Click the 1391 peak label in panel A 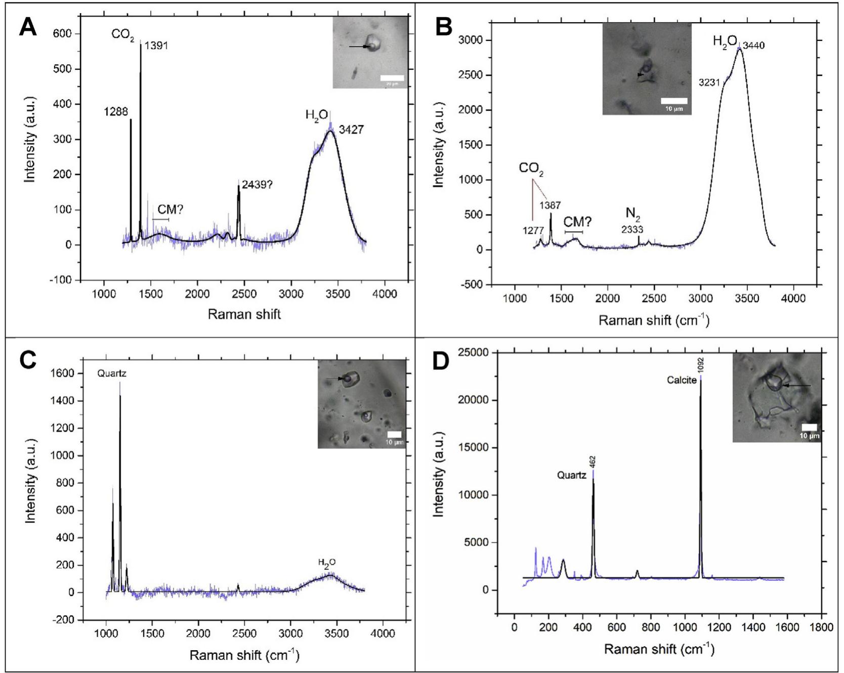pos(156,46)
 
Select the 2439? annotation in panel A pos(257,185)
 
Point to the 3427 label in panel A pos(351,130)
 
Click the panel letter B pos(443,26)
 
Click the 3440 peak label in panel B pos(753,46)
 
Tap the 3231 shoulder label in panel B pos(709,82)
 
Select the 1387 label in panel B pos(550,206)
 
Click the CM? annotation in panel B pos(577,222)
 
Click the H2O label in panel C pos(326,563)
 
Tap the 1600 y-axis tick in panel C pos(65,373)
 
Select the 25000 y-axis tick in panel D pos(478,352)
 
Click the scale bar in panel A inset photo pos(392,78)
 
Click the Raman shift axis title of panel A pos(244,314)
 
